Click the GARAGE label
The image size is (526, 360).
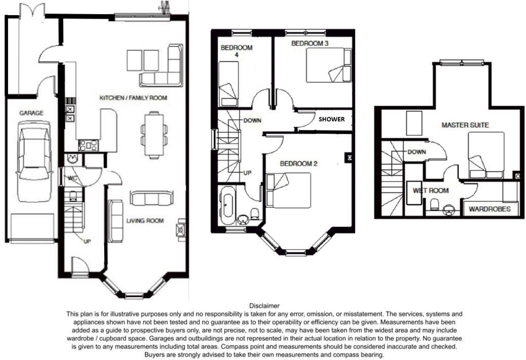pyautogui.click(x=31, y=113)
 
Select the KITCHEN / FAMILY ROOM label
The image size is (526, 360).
pyautogui.click(x=133, y=98)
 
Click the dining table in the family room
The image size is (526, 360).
pyautogui.click(x=154, y=134)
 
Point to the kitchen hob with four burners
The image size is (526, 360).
pyautogui.click(x=88, y=146)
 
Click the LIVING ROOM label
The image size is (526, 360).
pyautogui.click(x=145, y=220)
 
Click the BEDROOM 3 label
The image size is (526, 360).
pyautogui.click(x=310, y=44)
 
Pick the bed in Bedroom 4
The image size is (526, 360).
pyautogui.click(x=229, y=83)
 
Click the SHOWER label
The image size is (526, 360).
pyautogui.click(x=331, y=120)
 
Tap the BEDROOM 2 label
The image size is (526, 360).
pyautogui.click(x=298, y=164)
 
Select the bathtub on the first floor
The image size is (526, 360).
pyautogui.click(x=228, y=205)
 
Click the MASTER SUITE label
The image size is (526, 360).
pyautogui.click(x=465, y=125)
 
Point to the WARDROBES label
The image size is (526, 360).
pyautogui.click(x=490, y=209)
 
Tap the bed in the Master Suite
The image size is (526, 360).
pyautogui.click(x=486, y=155)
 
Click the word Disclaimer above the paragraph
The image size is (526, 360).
pyautogui.click(x=264, y=306)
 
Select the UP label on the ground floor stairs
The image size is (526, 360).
pyautogui.click(x=87, y=241)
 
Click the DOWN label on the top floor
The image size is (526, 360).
pyautogui.click(x=417, y=152)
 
